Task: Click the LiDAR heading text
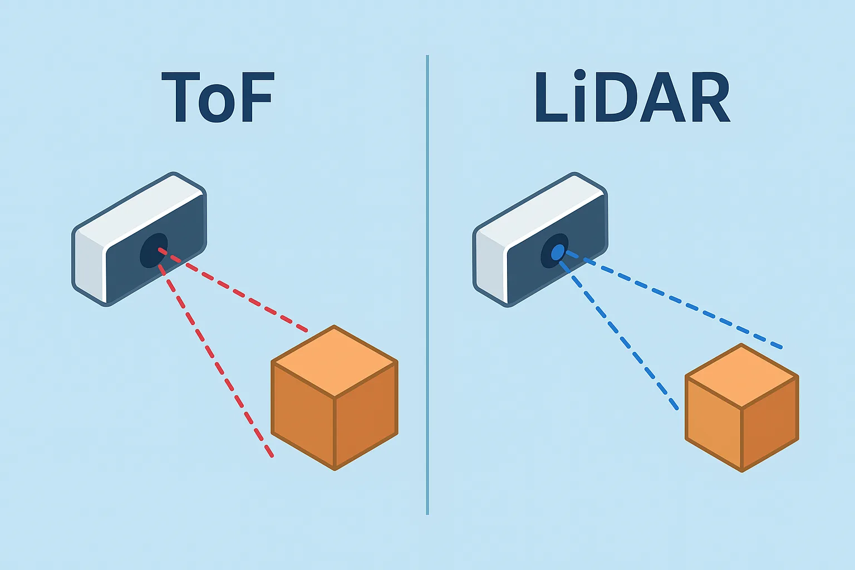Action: pyautogui.click(x=632, y=97)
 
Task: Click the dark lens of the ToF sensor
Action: pyautogui.click(x=153, y=251)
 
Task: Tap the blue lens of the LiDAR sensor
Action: pyautogui.click(x=557, y=252)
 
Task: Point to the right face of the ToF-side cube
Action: pyautogui.click(x=366, y=415)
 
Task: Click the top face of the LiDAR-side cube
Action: pyautogui.click(x=742, y=376)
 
